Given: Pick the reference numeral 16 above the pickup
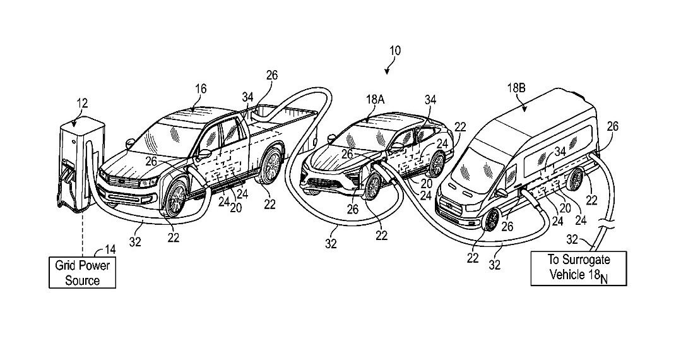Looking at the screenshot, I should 201,90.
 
